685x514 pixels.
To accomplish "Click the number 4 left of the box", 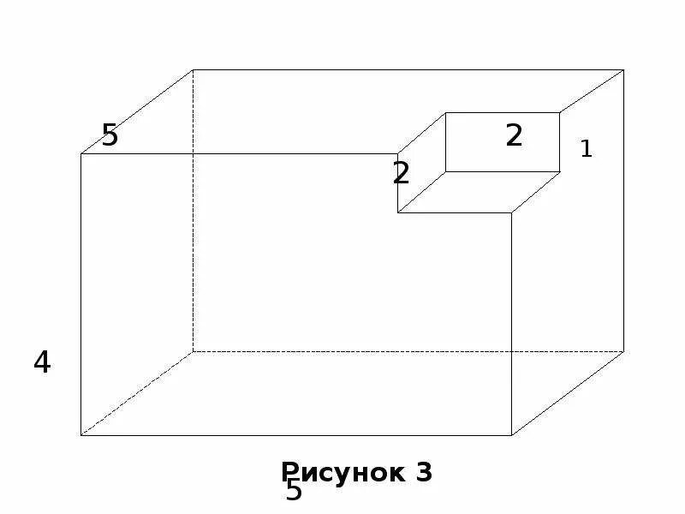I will (42, 363).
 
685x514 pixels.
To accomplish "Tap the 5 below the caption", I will (294, 492).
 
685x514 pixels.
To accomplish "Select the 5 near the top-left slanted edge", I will (110, 135).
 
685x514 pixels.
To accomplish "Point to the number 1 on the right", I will (586, 149).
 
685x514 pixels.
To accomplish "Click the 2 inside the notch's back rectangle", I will (514, 136).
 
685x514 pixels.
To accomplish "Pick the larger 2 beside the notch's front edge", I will (401, 174).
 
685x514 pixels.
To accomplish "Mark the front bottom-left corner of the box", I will (81, 435).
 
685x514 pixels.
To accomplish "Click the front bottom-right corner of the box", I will (512, 435).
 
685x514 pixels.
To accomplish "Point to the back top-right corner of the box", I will (623, 70).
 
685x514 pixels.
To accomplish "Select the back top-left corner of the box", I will (194, 70).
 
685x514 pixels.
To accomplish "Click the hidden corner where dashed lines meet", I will (194, 351).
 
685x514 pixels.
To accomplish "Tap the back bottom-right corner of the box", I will (623, 351).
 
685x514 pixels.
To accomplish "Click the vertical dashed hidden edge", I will (194, 214).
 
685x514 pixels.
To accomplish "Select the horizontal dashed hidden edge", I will (385, 351).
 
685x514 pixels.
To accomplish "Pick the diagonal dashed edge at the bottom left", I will (137, 393).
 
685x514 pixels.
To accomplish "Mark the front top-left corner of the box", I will (81, 154).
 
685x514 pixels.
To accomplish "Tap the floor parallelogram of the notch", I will (478, 192).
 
